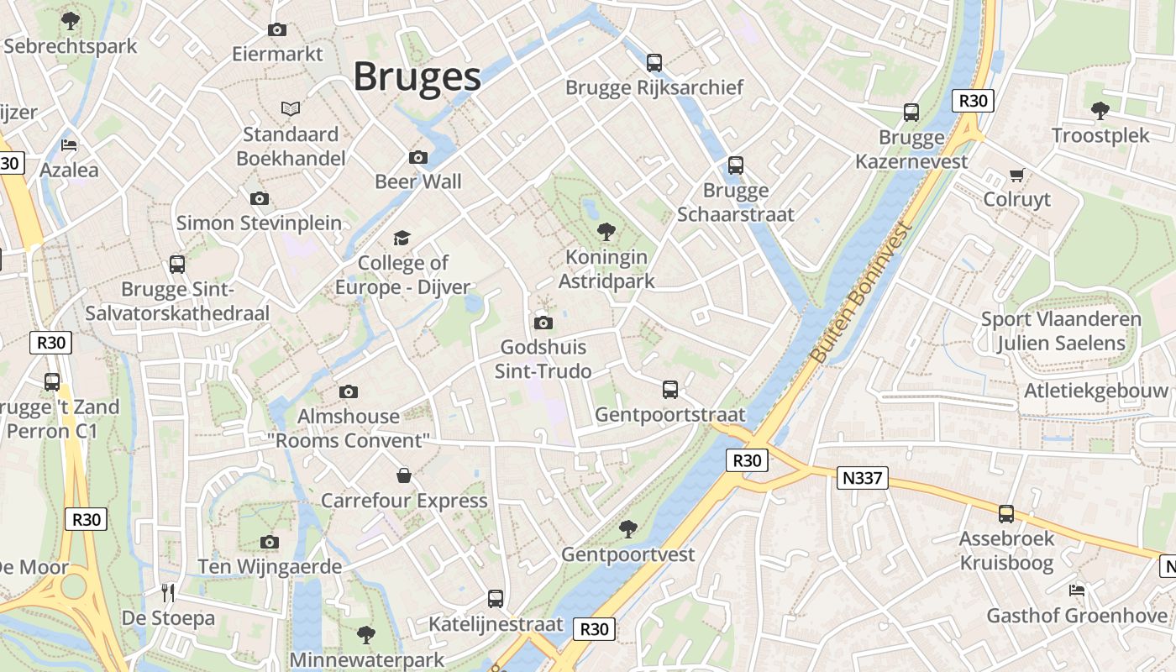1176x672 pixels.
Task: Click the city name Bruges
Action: pyautogui.click(x=417, y=76)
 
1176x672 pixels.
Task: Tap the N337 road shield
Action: pyautogui.click(x=863, y=478)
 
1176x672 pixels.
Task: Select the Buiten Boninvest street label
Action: pyautogui.click(x=861, y=293)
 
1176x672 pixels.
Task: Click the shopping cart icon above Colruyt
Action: pyautogui.click(x=1016, y=175)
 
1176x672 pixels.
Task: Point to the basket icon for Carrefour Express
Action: pyautogui.click(x=404, y=475)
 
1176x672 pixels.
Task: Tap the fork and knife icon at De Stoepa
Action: pyautogui.click(x=168, y=593)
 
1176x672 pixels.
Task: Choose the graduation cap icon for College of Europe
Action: pyautogui.click(x=402, y=238)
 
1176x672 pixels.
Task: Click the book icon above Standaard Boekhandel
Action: pyautogui.click(x=291, y=109)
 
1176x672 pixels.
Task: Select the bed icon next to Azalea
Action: pyautogui.click(x=69, y=144)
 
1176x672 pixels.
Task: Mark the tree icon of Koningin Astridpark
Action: pyautogui.click(x=606, y=232)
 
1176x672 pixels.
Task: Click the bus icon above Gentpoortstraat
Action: pyautogui.click(x=669, y=389)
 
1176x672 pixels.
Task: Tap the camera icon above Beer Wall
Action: pyautogui.click(x=417, y=157)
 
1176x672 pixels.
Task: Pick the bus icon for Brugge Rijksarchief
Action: pyautogui.click(x=654, y=62)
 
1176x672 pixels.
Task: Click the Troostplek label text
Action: pyautogui.click(x=1100, y=135)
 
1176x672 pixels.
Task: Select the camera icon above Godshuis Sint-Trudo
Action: pyautogui.click(x=543, y=322)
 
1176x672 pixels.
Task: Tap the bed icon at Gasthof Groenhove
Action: pyautogui.click(x=1077, y=590)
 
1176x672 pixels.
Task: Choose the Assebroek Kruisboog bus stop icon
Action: pyautogui.click(x=1005, y=513)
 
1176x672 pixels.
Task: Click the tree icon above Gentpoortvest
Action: pyautogui.click(x=627, y=528)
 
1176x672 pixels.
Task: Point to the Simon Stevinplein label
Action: pyautogui.click(x=259, y=223)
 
